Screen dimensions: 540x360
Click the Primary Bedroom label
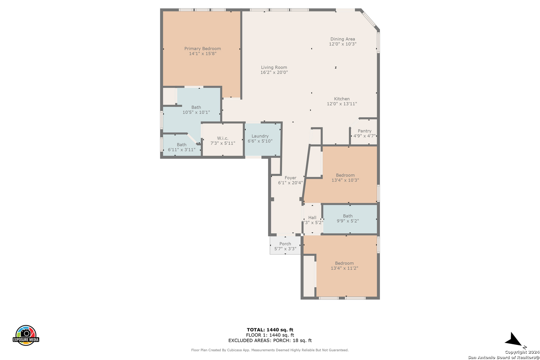(203, 48)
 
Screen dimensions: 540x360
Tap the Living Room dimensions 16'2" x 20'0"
(274, 72)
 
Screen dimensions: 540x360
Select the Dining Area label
(343, 39)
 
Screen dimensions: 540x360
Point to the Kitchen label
(342, 99)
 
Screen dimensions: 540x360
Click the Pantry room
(364, 133)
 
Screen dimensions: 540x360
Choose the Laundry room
(263, 140)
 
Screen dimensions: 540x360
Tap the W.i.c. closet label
(223, 138)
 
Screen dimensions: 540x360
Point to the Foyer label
(290, 178)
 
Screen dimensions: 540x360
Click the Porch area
(285, 245)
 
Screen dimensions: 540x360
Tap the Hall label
(312, 217)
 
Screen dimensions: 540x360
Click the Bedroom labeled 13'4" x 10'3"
(345, 178)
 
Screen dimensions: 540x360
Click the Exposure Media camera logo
(26, 335)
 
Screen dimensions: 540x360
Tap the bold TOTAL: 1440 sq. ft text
(270, 330)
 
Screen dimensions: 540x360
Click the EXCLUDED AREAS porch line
(270, 340)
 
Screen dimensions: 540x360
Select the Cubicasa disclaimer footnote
(270, 350)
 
